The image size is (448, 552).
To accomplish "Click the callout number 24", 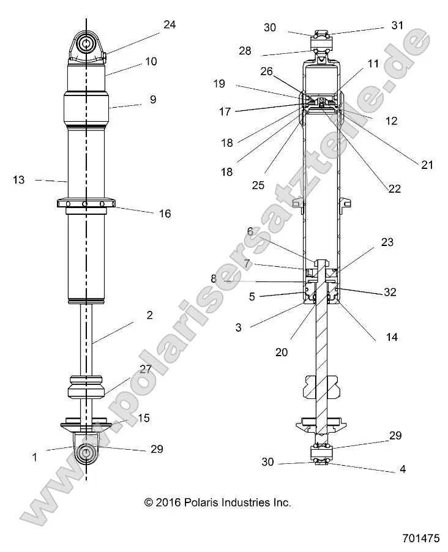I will coord(169,24).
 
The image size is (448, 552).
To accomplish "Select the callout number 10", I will coord(151,61).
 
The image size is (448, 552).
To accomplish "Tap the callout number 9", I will coord(152,99).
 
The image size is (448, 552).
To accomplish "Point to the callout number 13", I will coord(19,179).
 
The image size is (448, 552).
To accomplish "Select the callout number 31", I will coord(398,25).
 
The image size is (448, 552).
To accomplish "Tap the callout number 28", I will coord(245,51).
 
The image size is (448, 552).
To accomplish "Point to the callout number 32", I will coord(389,293).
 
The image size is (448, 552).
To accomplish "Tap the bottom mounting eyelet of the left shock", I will coord(86,453).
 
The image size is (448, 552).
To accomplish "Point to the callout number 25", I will coord(258,185).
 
